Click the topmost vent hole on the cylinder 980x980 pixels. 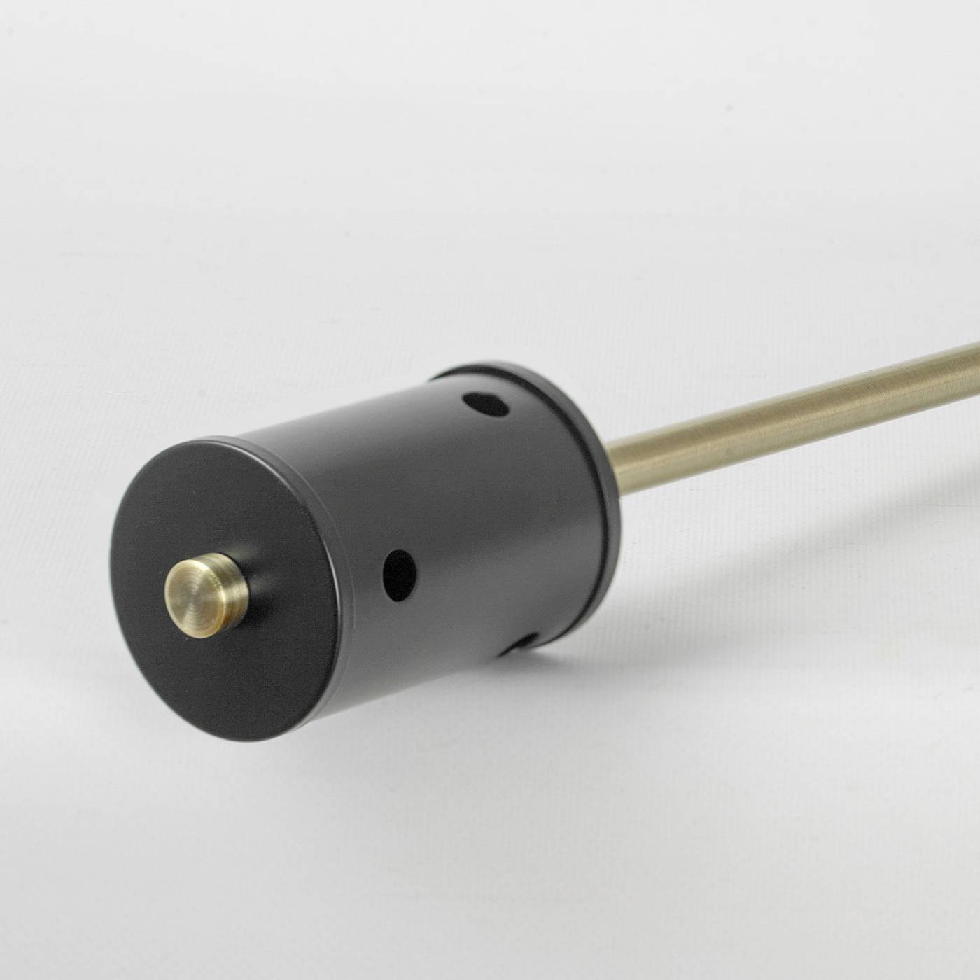[x=485, y=405]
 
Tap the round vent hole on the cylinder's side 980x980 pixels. [x=399, y=575]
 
